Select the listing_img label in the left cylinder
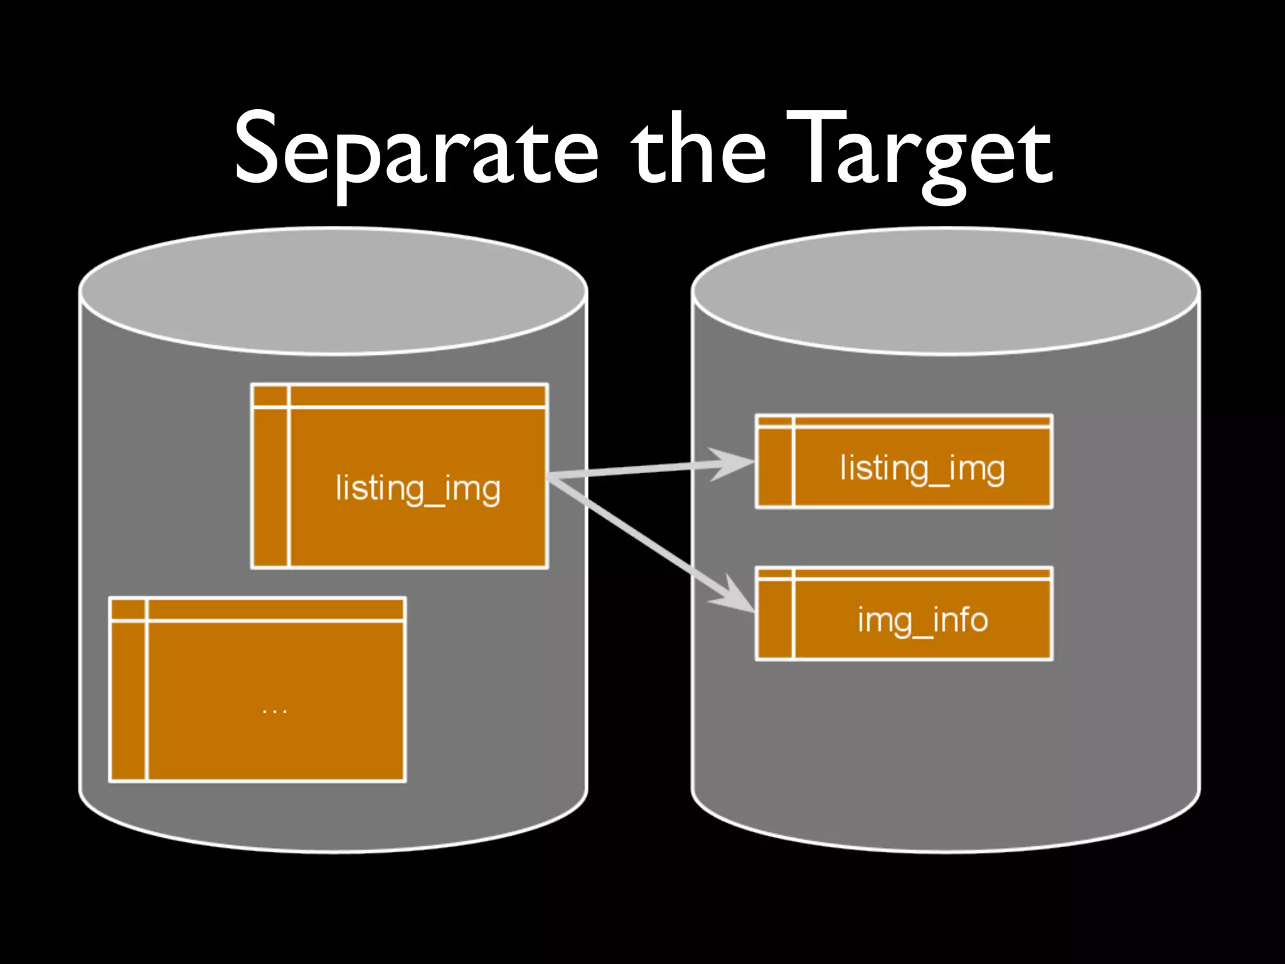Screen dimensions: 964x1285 (x=418, y=489)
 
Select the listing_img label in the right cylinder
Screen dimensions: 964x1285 (x=922, y=469)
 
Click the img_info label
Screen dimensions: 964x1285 (x=922, y=621)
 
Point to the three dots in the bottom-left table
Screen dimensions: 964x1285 (x=275, y=711)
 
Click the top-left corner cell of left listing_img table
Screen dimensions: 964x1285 (x=270, y=397)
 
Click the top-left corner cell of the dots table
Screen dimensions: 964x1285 (x=128, y=610)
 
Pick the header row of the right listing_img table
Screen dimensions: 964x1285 (x=922, y=421)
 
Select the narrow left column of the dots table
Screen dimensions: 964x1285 (x=128, y=700)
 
